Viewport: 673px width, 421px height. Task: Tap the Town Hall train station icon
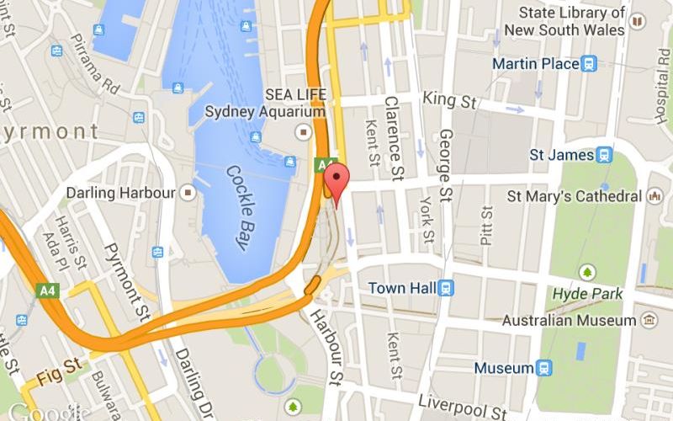click(446, 288)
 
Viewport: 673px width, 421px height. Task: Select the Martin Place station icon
click(589, 64)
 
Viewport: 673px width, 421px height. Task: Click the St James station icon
click(604, 155)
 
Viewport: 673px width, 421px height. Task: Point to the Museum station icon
click(544, 368)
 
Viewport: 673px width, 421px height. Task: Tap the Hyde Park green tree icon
click(587, 272)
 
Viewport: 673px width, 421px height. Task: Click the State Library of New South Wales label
click(572, 21)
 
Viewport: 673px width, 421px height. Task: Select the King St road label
click(449, 100)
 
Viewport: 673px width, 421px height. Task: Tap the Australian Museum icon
click(649, 321)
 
